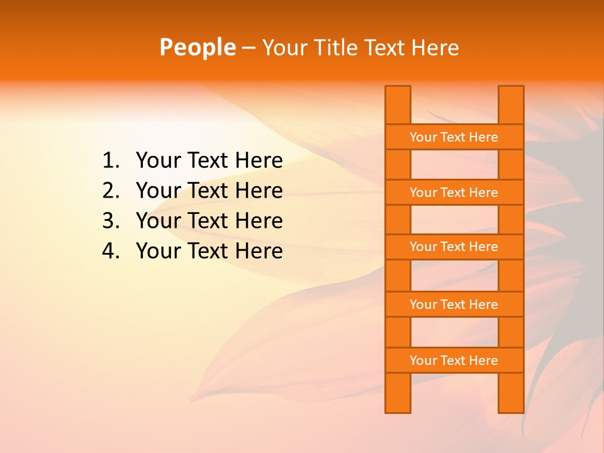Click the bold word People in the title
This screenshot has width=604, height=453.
197,47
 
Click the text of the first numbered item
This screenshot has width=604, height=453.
209,160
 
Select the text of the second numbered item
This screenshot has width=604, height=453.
209,191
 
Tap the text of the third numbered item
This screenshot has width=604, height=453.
209,221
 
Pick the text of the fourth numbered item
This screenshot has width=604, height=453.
209,251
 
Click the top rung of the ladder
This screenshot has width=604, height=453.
454,137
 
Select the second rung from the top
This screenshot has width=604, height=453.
454,192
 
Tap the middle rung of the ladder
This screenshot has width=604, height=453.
454,247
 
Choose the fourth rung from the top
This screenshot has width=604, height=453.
454,304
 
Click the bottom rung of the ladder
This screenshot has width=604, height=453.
454,360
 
